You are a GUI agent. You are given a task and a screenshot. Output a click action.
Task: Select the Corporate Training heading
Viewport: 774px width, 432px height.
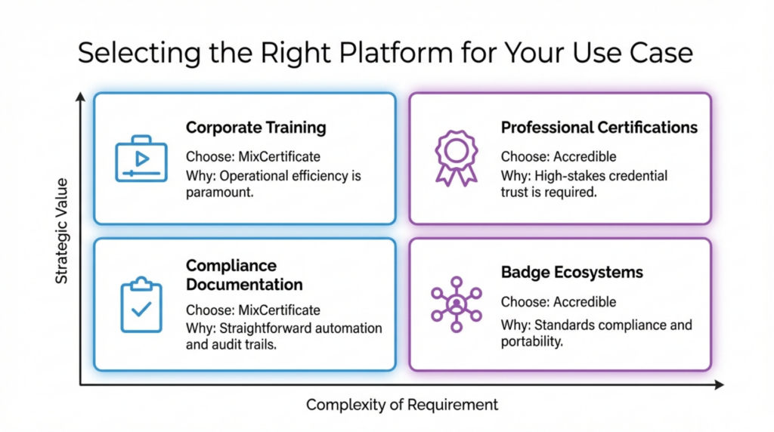click(x=255, y=128)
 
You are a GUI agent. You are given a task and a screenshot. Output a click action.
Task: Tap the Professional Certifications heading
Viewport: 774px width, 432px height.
click(x=599, y=128)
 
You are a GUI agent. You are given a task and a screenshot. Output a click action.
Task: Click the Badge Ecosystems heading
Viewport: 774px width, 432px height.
click(x=571, y=272)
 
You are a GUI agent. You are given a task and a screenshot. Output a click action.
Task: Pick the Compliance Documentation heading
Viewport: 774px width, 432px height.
click(x=244, y=276)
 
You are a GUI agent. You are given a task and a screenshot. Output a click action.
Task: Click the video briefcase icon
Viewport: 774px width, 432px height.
click(x=141, y=159)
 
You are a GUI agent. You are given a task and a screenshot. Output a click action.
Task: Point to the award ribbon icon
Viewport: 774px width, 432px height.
click(x=456, y=157)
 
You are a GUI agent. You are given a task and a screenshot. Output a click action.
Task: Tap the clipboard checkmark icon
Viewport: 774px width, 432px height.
click(x=141, y=304)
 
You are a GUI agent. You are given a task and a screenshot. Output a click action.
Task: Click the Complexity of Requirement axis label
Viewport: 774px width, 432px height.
click(x=402, y=405)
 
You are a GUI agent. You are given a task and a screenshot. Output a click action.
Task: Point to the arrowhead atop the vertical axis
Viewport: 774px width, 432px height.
click(x=80, y=97)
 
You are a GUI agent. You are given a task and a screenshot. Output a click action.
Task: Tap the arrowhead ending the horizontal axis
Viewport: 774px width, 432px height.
click(x=718, y=384)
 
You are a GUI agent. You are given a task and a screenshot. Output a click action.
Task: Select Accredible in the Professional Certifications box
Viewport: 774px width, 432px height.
click(x=584, y=157)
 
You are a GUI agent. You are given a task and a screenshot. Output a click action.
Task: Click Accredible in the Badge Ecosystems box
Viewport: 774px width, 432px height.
click(x=584, y=302)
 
